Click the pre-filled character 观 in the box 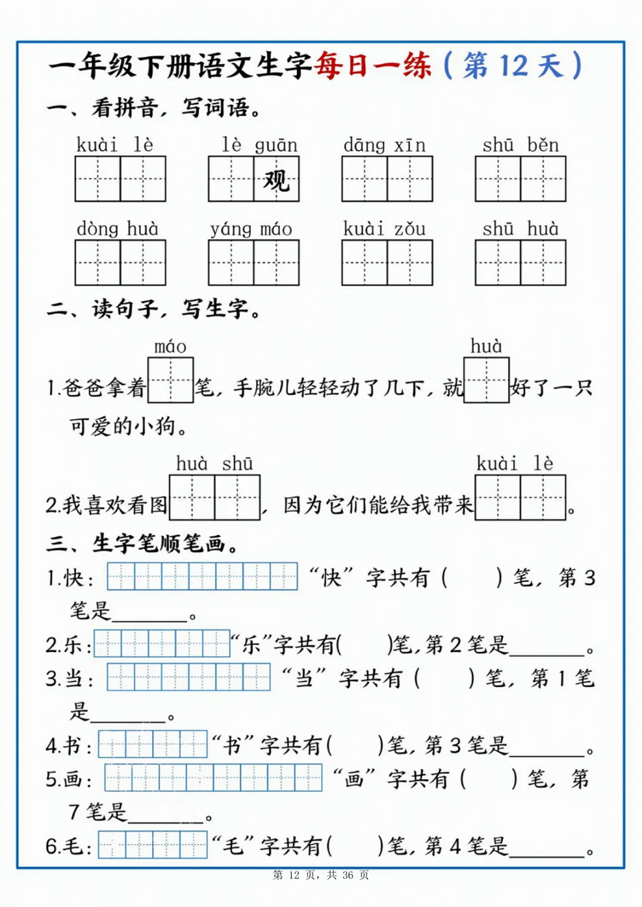coord(276,179)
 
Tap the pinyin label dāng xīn coord(385,145)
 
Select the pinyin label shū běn coord(520,145)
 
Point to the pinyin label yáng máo coord(251,229)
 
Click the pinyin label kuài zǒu coord(384,229)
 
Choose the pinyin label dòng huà coord(118,229)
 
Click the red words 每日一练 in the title coord(373,65)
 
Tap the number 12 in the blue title coord(513,65)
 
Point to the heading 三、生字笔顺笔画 coord(143,543)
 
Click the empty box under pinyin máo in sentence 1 coord(171,380)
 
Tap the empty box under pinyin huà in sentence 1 coord(486,380)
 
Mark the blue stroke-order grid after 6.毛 coord(153,845)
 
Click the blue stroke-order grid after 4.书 coord(153,744)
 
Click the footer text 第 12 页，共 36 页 coord(321,875)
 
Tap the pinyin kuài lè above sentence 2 coord(515,464)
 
